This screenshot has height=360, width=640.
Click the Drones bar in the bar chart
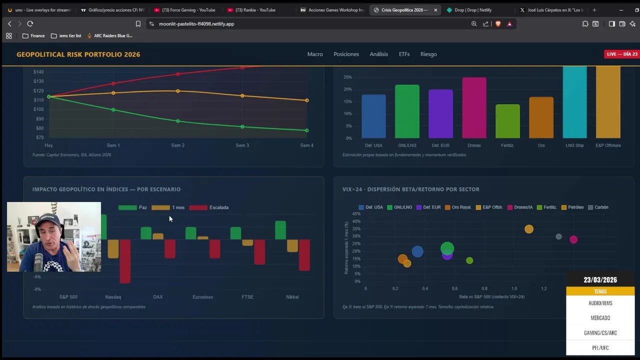tap(474, 107)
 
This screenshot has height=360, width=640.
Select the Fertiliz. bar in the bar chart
tap(507, 121)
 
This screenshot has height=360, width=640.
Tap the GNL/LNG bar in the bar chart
tap(407, 111)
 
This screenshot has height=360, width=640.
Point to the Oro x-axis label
tap(541, 145)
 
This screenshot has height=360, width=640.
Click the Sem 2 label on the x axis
tap(177, 145)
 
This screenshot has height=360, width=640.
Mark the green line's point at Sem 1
tap(113, 110)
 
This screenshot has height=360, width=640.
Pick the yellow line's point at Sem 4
tap(306, 100)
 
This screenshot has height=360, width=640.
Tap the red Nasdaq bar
tap(125, 261)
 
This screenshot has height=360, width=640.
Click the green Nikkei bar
tap(280, 230)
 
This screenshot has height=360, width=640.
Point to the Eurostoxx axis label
tap(202, 297)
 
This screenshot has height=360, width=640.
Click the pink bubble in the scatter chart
tap(573, 240)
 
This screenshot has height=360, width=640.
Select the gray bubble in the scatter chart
tap(558, 236)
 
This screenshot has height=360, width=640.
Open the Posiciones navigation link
tap(346, 54)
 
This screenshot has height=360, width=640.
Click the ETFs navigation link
tap(404, 54)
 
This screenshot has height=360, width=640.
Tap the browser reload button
tap(30, 23)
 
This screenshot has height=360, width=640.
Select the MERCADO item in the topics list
tap(600, 318)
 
